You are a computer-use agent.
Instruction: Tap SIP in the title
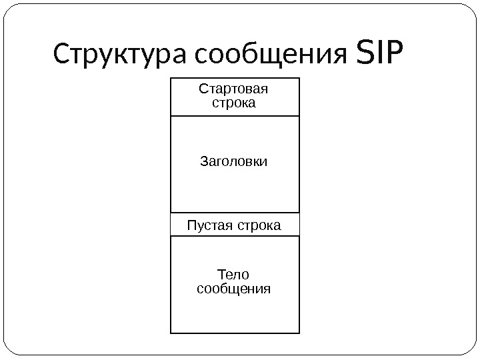click(381, 55)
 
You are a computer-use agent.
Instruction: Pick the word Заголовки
click(234, 161)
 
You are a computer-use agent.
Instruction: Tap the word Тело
click(233, 275)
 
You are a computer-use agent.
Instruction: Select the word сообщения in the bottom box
click(234, 289)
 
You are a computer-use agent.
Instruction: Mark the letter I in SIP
click(381, 55)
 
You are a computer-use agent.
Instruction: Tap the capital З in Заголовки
click(204, 161)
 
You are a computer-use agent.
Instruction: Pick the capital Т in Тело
click(222, 275)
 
